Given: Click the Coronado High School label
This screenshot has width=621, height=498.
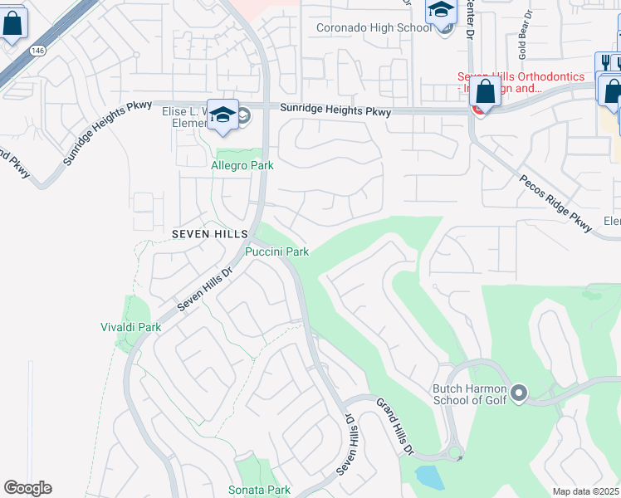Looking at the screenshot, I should (374, 27).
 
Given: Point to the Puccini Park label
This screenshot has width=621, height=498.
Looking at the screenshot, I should (276, 251).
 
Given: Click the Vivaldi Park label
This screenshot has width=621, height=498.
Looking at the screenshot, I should (130, 327).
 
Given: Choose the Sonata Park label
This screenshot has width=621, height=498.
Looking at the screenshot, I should (259, 490).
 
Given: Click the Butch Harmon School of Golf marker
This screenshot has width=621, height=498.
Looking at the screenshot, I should (520, 393).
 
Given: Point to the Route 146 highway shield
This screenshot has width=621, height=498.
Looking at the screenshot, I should (39, 51).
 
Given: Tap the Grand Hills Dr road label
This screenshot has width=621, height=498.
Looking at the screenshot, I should (395, 426).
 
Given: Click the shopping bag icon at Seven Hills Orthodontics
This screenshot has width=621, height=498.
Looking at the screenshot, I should (485, 92).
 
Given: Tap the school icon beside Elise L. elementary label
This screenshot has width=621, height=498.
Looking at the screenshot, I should (222, 115).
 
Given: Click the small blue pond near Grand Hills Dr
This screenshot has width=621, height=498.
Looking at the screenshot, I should (428, 477).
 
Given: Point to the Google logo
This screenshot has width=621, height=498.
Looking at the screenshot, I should (27, 488).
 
